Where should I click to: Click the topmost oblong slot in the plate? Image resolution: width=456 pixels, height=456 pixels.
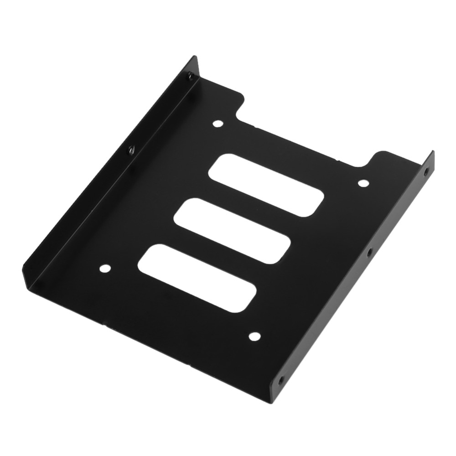[x=267, y=185]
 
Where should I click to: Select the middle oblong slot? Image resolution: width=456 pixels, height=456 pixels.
[x=233, y=230]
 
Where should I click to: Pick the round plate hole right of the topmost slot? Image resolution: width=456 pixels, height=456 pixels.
[x=363, y=183]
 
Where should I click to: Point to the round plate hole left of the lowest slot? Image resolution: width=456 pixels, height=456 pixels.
[x=105, y=269]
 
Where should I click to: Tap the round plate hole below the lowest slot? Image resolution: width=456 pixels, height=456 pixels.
[x=254, y=337]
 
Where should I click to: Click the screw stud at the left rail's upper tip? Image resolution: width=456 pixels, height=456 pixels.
[x=191, y=77]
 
